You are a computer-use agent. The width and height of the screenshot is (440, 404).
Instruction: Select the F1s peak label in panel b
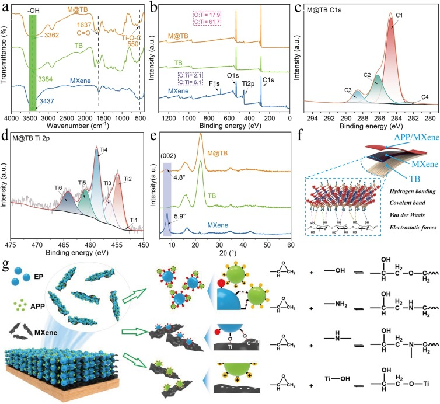click(217, 85)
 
